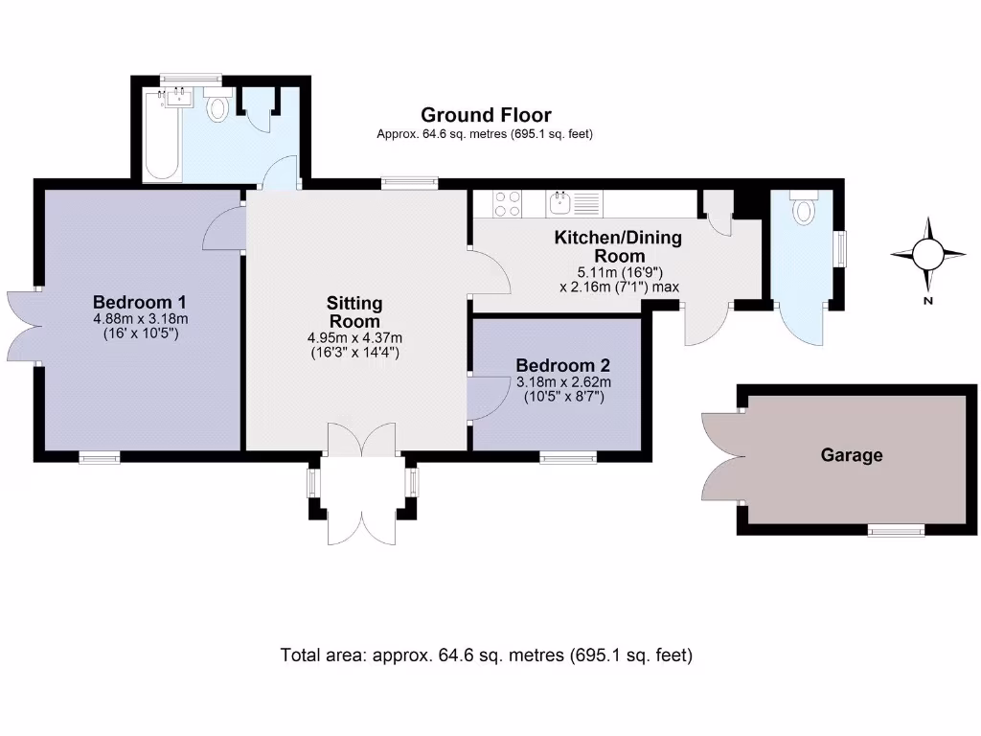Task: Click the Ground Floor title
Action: tap(486, 116)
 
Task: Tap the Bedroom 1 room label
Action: tap(140, 301)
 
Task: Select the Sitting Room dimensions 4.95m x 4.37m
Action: tap(354, 337)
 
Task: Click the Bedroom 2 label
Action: tap(562, 365)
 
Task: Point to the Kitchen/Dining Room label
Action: tap(618, 247)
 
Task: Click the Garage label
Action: tap(851, 456)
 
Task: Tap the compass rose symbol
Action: tap(927, 254)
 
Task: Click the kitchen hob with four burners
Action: tap(507, 202)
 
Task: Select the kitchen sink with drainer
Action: tap(573, 202)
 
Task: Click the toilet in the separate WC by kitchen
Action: tap(803, 210)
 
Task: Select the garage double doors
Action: tap(720, 458)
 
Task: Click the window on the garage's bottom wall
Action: tap(896, 530)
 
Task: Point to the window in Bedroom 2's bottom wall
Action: tap(568, 457)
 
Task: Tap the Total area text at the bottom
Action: tap(486, 655)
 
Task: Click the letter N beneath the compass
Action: tap(927, 301)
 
